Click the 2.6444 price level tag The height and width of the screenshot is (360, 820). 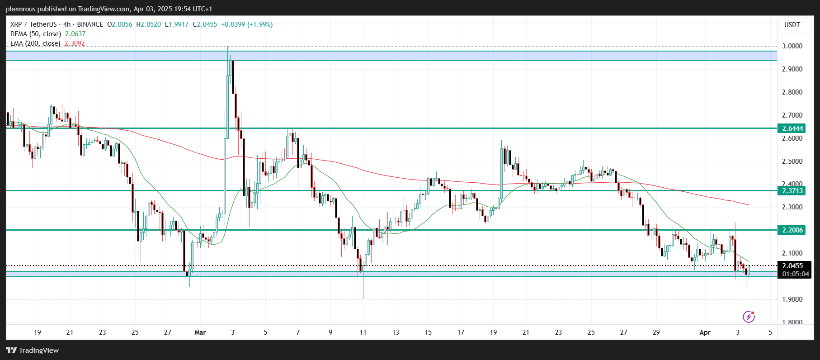(792, 128)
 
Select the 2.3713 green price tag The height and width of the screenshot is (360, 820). (792, 191)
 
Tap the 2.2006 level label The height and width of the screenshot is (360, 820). (792, 230)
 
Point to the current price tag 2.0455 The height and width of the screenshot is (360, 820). (792, 266)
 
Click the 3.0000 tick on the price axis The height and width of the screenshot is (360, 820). (792, 46)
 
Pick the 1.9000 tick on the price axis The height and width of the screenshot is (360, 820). (792, 299)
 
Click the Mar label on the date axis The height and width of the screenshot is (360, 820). (200, 332)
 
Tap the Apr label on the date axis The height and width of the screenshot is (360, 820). (705, 332)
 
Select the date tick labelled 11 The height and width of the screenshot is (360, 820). (363, 332)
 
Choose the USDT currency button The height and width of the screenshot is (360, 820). (792, 25)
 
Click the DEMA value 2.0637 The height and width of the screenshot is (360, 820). (75, 34)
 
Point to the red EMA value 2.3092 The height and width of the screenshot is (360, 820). (75, 43)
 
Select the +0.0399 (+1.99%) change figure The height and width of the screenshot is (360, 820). (246, 24)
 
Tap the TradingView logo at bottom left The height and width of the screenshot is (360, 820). (33, 350)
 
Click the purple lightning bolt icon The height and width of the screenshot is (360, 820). (749, 317)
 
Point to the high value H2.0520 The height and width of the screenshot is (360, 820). (148, 24)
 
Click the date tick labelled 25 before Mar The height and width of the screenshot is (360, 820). (135, 332)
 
